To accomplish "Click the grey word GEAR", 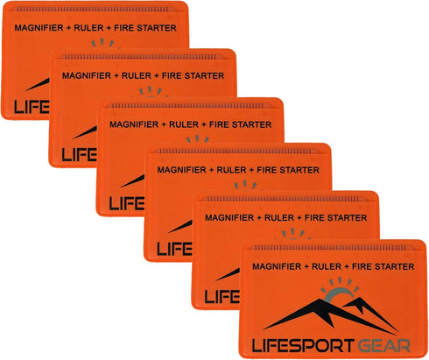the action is [384, 346].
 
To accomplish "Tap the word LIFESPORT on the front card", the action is [303, 346].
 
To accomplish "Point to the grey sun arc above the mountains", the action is [339, 295].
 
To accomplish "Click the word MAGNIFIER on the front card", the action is [277, 266].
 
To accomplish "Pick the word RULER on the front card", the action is [327, 266].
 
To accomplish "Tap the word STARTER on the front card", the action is [395, 266].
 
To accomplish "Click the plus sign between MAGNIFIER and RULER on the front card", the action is [306, 267].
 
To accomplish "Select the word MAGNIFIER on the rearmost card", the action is [39, 28].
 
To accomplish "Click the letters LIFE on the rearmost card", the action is [32, 107].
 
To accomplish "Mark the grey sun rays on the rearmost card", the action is [102, 43].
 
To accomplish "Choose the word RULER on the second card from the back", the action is [137, 75].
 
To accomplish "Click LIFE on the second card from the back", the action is [80, 154].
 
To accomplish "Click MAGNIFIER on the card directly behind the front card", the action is [229, 218].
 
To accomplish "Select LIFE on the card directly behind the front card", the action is [222, 297].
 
